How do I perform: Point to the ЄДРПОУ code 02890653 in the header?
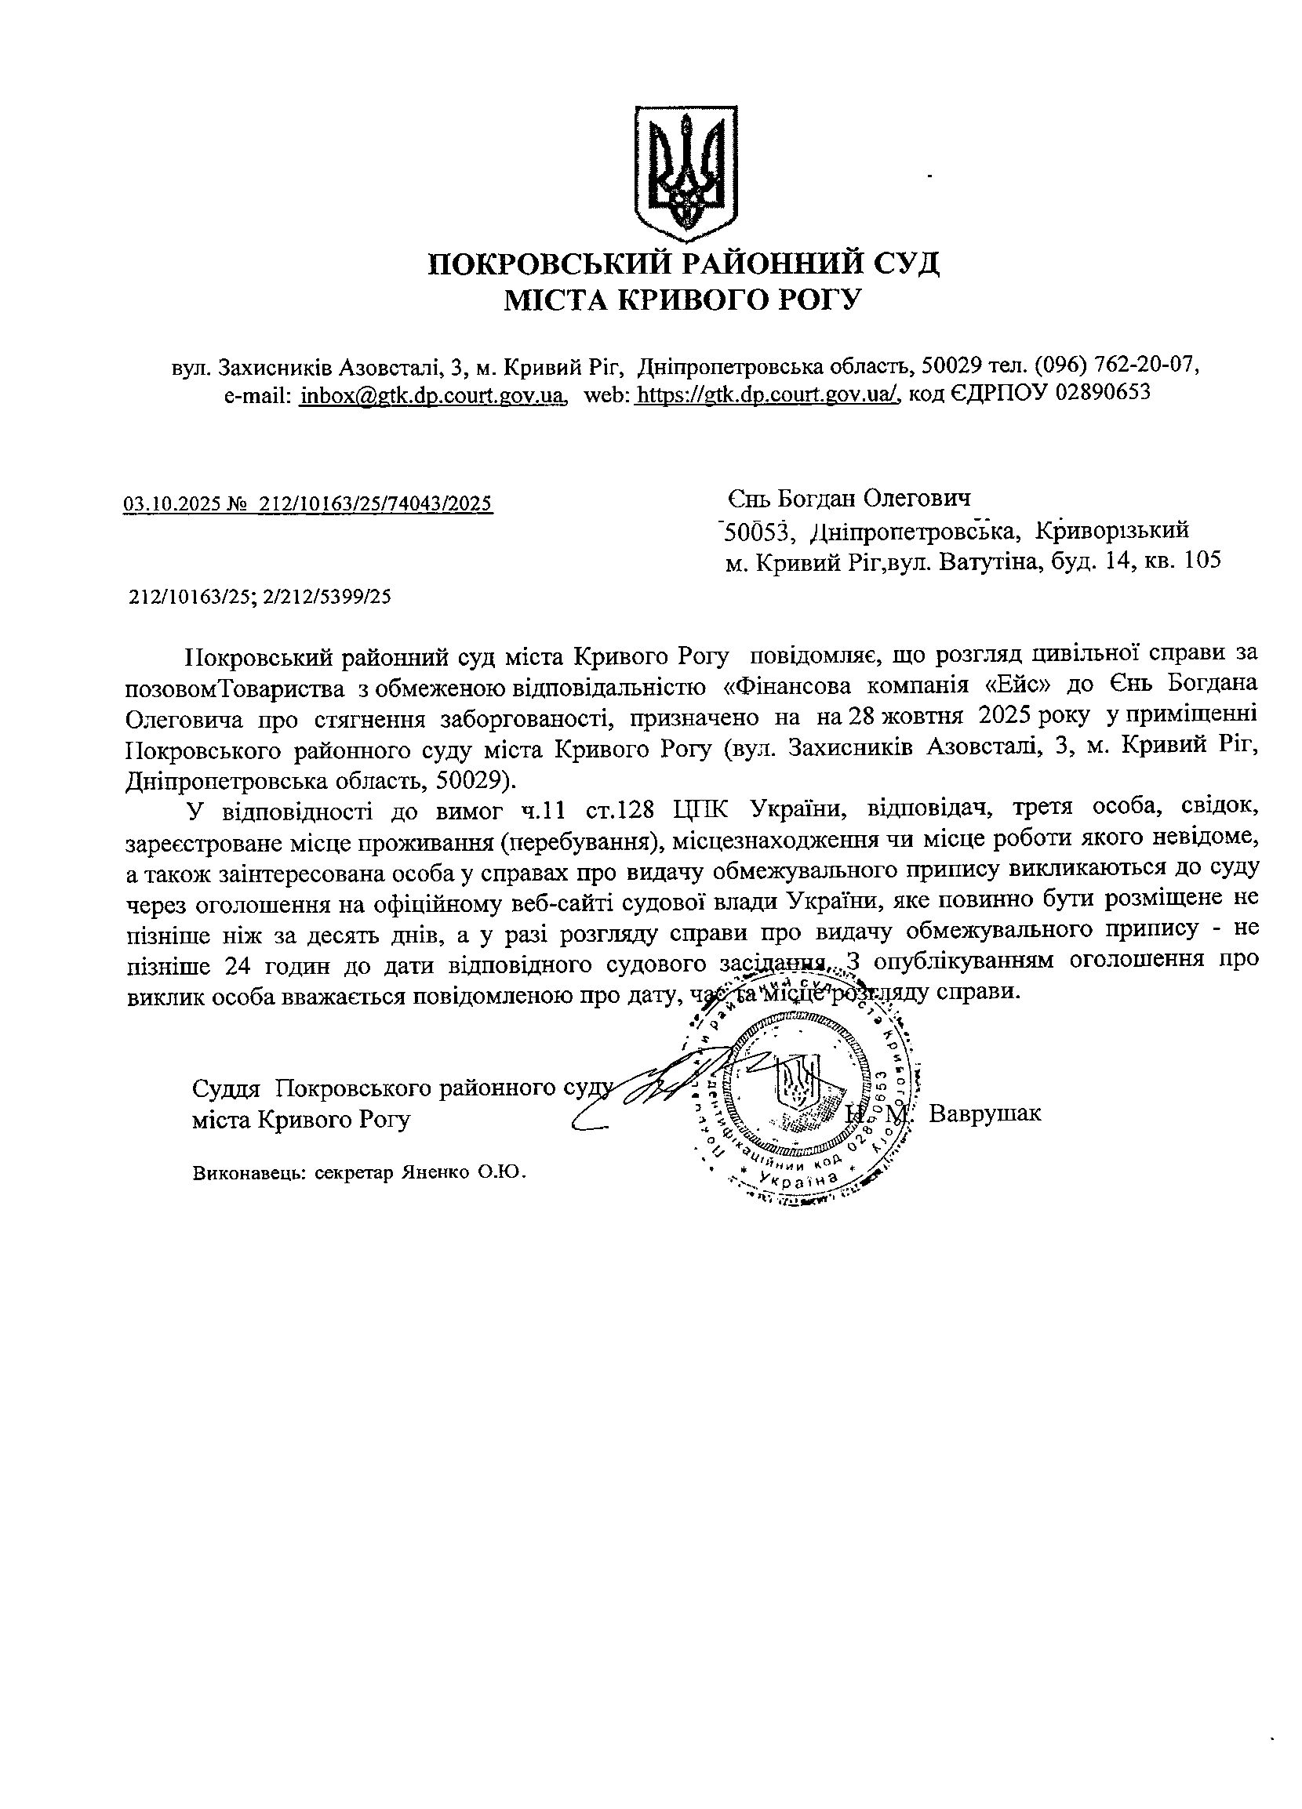1102,394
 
